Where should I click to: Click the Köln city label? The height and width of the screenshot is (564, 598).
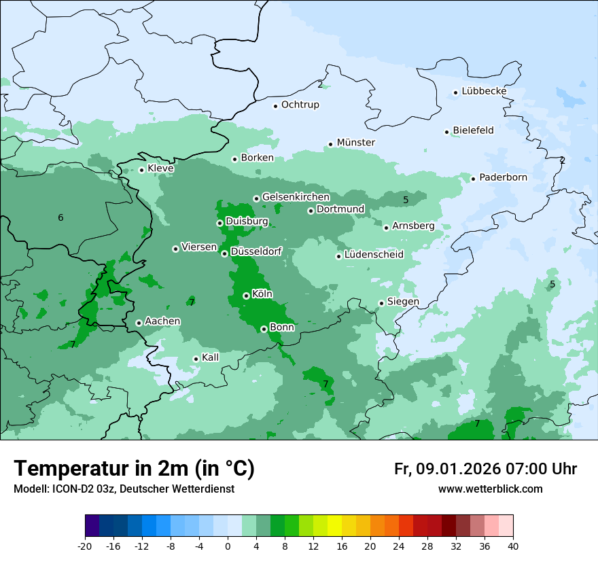tap(262, 294)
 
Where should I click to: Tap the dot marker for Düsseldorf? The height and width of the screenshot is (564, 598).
tap(224, 253)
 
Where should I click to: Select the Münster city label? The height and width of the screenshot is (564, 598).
tap(355, 142)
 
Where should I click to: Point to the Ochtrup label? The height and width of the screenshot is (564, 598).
tap(300, 105)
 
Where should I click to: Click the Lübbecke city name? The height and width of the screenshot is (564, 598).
tap(484, 91)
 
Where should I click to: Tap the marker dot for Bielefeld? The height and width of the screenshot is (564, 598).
tap(447, 132)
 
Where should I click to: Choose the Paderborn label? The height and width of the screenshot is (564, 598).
tap(503, 177)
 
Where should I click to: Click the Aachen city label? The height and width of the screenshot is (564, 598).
tap(162, 321)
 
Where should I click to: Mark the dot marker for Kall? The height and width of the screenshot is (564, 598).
tap(196, 359)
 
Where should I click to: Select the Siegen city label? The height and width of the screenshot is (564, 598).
tap(403, 301)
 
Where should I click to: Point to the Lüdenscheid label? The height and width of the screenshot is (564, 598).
tap(374, 254)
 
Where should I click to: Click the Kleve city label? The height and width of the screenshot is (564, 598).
tap(160, 168)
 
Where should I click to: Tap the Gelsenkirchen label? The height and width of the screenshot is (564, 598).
tap(296, 196)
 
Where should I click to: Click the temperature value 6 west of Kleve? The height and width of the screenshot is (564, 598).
tap(60, 217)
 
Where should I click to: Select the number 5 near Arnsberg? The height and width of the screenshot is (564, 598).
tap(406, 200)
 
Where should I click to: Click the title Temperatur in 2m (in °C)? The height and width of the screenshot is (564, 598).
tap(134, 468)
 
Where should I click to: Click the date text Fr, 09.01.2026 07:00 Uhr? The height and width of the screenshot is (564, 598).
tap(485, 469)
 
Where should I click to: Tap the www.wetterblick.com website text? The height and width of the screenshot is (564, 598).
tap(490, 489)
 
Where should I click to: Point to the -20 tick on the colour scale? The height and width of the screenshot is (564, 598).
tap(85, 546)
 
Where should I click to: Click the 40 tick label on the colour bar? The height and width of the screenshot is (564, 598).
tap(513, 546)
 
